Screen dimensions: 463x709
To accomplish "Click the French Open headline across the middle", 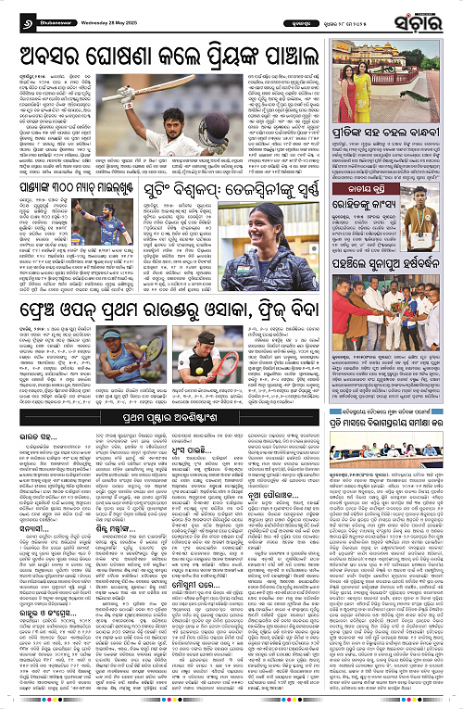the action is click(x=190, y=305).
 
